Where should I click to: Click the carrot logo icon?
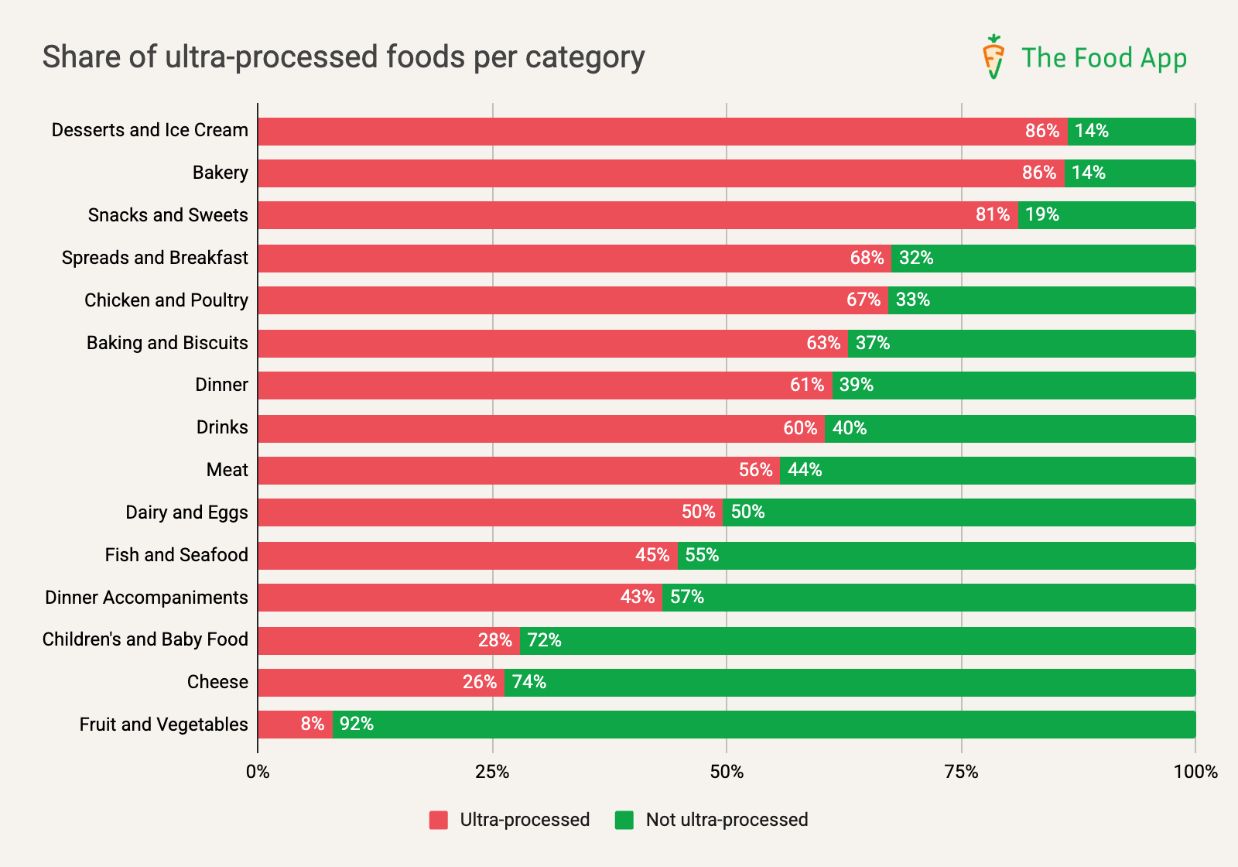(x=993, y=57)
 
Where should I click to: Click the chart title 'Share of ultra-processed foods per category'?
(x=344, y=57)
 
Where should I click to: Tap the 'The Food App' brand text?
(x=1103, y=58)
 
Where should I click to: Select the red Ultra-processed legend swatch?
(x=439, y=820)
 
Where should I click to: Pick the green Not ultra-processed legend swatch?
(x=624, y=820)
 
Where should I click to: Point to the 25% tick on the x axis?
(x=492, y=772)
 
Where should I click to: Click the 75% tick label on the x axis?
(x=961, y=772)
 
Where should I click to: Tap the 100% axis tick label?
(x=1195, y=772)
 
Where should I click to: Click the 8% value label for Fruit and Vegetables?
(x=313, y=725)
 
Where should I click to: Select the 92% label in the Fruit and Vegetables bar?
(x=357, y=725)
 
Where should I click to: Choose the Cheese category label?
(x=217, y=682)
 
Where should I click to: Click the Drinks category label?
(x=222, y=427)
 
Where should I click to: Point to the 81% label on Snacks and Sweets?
(x=993, y=215)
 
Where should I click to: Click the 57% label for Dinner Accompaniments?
(x=687, y=598)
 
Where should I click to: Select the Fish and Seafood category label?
(x=176, y=555)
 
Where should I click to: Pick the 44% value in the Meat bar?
(x=805, y=470)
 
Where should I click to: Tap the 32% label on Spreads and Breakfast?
(x=916, y=258)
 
